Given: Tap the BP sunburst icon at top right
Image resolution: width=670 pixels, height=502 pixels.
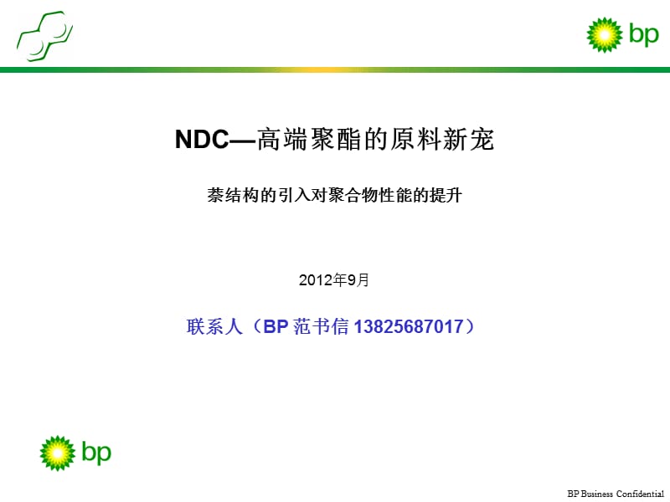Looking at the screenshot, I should [x=603, y=34].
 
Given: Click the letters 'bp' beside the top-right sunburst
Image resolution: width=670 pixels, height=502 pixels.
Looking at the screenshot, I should [x=643, y=34].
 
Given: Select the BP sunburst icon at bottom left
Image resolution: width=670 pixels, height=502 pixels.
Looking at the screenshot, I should [x=58, y=453].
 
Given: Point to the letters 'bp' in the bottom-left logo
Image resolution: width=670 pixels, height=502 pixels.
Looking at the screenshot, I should [x=96, y=453].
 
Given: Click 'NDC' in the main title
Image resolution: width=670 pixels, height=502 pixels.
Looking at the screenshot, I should [x=202, y=141].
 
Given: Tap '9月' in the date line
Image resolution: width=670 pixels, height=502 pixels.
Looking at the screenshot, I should [x=358, y=280].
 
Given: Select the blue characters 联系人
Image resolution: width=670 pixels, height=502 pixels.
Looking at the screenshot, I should [x=208, y=327].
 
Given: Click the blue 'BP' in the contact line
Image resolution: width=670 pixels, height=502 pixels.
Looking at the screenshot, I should [x=276, y=327].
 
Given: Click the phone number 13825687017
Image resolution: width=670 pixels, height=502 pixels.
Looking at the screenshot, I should [x=409, y=327].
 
